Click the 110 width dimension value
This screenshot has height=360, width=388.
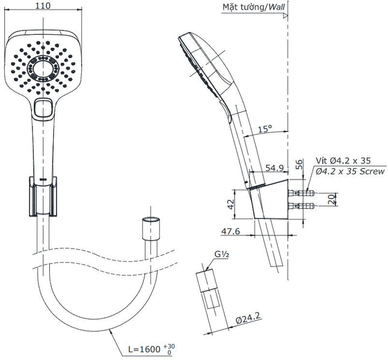(x=43, y=5)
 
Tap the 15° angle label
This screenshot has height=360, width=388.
(x=265, y=129)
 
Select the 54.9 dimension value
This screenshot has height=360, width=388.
(x=274, y=168)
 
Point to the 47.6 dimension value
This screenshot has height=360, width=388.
(x=230, y=231)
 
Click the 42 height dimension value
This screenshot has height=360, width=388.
(x=230, y=204)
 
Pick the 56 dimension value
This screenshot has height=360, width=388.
(x=299, y=164)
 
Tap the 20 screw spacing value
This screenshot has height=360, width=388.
(x=331, y=199)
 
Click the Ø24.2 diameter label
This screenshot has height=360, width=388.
(x=248, y=318)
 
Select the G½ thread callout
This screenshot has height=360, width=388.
(x=221, y=254)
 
